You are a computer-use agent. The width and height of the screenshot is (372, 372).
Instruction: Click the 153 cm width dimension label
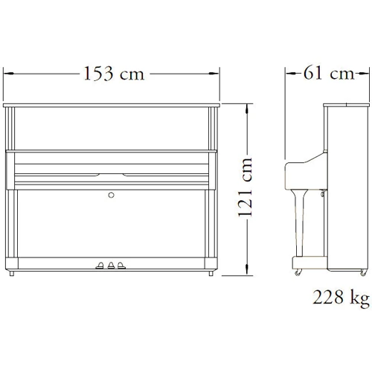(114, 74)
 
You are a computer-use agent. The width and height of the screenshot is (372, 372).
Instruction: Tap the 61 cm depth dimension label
(329, 73)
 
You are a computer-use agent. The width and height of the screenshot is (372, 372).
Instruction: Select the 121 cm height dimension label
(245, 187)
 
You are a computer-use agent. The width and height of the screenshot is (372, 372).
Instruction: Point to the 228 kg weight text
(341, 298)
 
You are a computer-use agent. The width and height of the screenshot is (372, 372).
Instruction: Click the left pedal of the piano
(100, 266)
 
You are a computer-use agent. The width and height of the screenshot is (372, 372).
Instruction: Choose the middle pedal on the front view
(111, 266)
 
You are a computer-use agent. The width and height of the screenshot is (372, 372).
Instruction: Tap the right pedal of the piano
(121, 266)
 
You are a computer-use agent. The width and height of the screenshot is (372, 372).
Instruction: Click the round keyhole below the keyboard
(112, 195)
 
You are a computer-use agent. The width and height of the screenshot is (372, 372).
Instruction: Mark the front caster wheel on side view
(298, 272)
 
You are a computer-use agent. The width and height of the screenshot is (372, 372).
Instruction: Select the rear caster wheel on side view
(363, 272)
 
